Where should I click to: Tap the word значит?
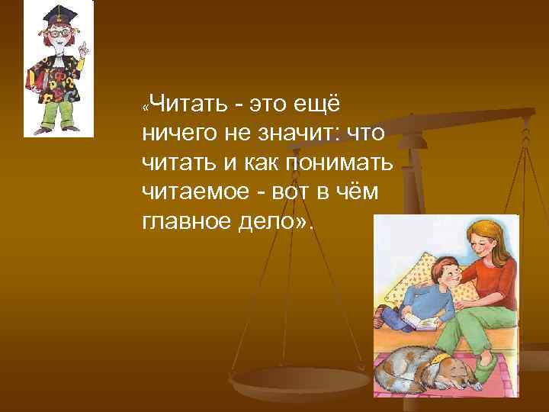298,133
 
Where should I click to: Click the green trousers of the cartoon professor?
57,114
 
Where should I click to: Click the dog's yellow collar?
438,356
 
